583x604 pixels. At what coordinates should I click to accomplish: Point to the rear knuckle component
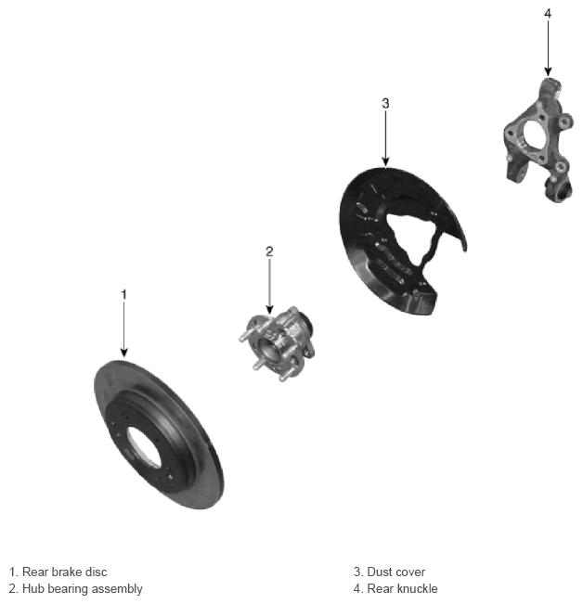coord(538,139)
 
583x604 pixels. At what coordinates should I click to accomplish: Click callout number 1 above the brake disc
coord(123,295)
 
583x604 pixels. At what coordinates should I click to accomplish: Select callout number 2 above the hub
coord(269,251)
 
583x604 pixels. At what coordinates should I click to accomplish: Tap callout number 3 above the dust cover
coord(385,103)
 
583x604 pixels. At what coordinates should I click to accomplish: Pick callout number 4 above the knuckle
coord(548,14)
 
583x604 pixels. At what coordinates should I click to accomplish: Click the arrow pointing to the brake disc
coord(123,329)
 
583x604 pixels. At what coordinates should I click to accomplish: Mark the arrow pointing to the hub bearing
coord(269,286)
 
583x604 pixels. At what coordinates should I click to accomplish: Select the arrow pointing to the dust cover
coord(385,138)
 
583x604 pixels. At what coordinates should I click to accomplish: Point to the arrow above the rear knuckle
coord(548,48)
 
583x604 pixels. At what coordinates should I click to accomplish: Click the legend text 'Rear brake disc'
coord(65,572)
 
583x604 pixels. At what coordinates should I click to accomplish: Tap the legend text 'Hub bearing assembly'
coord(83,588)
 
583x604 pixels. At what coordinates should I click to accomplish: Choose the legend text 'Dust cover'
coord(396,572)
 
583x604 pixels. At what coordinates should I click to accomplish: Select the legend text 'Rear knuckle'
coord(402,588)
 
